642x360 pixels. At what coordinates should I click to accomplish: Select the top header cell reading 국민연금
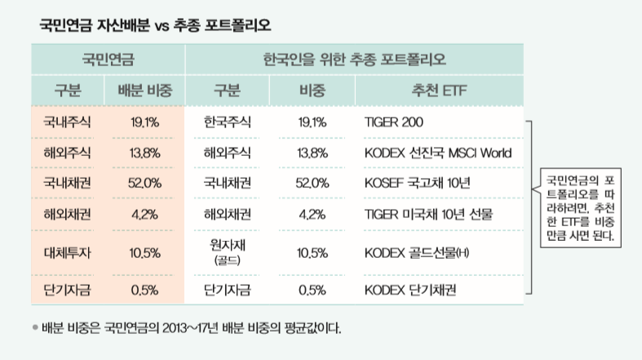click(108, 60)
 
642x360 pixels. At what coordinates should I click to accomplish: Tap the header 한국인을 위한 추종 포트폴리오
click(354, 60)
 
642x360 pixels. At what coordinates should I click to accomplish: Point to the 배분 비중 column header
click(145, 90)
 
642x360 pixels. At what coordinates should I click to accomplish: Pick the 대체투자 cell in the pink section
click(68, 252)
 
